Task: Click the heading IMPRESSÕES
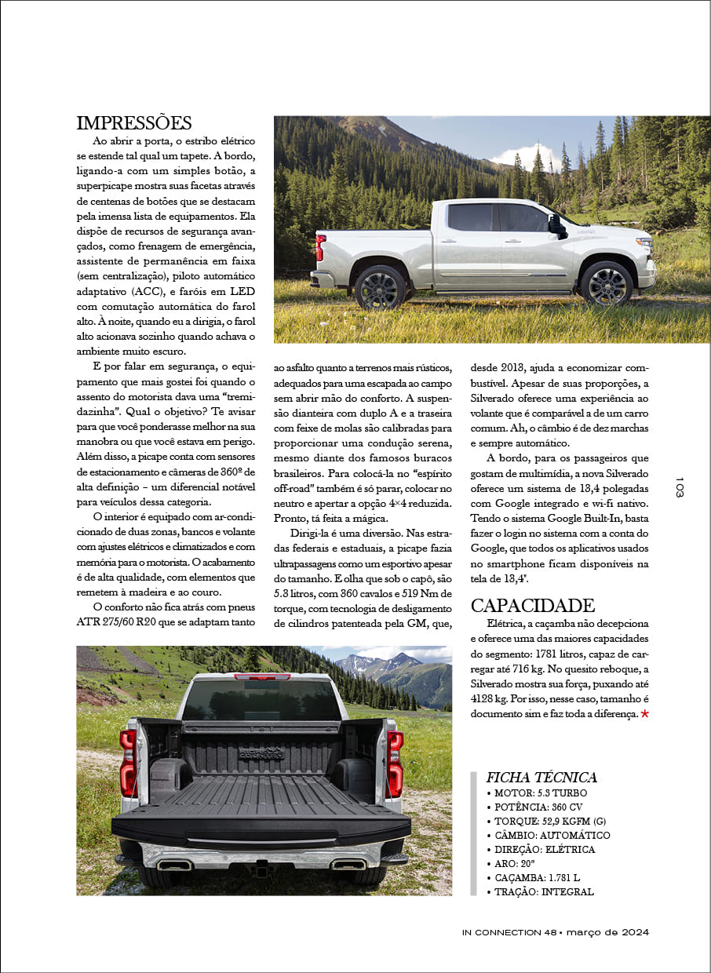134,123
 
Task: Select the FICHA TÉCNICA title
541,778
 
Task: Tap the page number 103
680,486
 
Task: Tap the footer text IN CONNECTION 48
509,932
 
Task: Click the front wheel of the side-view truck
607,284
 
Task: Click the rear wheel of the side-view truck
381,286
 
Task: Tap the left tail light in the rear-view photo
129,763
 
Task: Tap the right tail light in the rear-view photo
395,763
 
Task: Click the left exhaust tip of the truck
174,865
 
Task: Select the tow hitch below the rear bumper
259,869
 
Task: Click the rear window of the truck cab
261,699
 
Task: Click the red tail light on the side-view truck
320,248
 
